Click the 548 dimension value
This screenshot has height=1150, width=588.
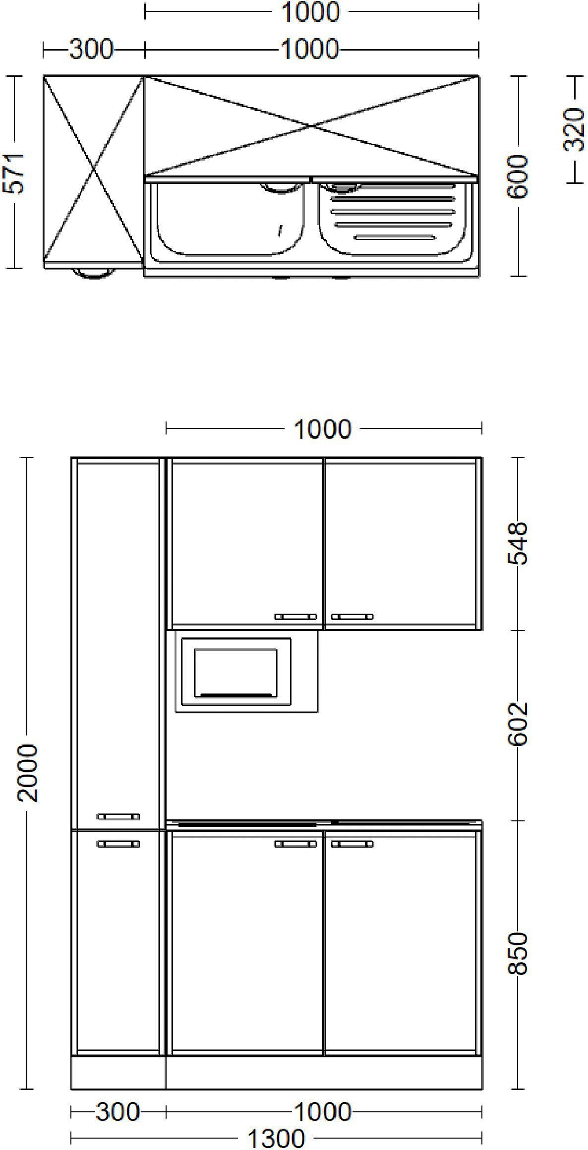tap(518, 543)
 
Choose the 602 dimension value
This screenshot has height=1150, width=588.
tap(518, 724)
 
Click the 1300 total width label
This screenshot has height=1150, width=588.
tap(276, 1138)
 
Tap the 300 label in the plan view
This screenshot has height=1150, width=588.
tap(91, 50)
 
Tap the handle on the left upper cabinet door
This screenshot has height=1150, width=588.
tap(295, 617)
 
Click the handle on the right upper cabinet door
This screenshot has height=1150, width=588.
tap(353, 617)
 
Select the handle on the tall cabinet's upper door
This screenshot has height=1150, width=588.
tap(118, 816)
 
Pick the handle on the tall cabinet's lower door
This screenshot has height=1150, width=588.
tap(118, 844)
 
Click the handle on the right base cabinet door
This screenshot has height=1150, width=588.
tap(353, 844)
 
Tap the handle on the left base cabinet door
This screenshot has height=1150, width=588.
tap(295, 844)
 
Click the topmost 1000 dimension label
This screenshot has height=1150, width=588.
tap(310, 12)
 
